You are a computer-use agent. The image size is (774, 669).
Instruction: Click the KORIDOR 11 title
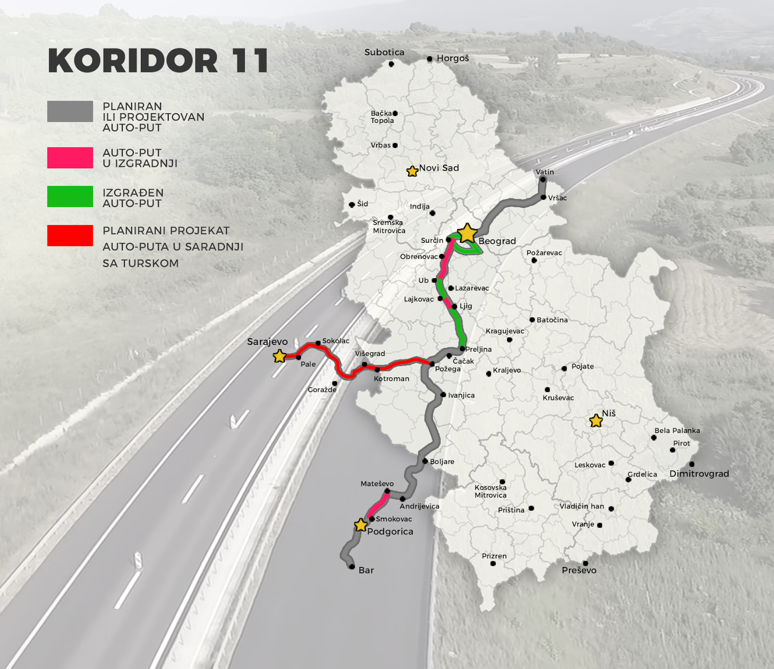coord(158,61)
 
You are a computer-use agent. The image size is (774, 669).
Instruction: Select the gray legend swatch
coord(70,111)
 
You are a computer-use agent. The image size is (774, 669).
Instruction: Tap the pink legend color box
coord(70,158)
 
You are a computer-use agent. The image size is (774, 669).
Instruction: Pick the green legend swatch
coord(70,196)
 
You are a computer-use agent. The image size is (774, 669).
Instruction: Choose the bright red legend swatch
coord(70,236)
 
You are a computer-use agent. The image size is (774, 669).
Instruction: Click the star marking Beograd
coord(467,233)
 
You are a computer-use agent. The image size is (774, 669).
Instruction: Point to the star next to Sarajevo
coord(280,357)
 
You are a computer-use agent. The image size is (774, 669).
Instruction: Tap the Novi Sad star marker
coord(412,171)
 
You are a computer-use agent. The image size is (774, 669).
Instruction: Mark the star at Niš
coord(596,421)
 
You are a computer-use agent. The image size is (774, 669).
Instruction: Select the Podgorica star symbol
coord(361,525)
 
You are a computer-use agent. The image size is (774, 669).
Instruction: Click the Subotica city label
coord(384,52)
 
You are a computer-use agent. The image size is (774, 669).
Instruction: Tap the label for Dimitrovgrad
coord(699,474)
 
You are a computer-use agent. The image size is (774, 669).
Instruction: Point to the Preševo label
coord(579,570)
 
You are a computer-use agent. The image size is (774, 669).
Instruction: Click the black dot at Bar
coord(352,566)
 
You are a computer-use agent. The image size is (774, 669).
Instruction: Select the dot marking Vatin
coord(543,179)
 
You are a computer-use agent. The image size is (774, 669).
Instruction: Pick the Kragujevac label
coord(505,331)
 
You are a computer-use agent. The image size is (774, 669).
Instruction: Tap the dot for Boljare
coord(425,461)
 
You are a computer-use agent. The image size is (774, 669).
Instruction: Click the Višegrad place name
coord(370,354)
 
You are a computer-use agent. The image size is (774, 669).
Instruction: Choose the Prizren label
coord(494,556)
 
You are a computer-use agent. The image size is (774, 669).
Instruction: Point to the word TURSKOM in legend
coord(150,263)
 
